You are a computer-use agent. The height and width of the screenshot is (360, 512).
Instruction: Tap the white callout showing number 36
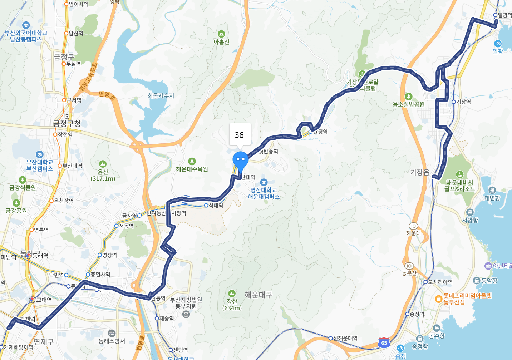point(240,135)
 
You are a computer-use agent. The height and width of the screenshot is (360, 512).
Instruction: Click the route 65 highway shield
point(384,342)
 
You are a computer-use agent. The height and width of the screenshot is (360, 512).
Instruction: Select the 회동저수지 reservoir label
point(161,96)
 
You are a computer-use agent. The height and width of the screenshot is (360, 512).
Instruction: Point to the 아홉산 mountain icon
point(221,34)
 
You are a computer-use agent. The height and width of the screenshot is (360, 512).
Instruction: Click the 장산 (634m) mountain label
point(232,305)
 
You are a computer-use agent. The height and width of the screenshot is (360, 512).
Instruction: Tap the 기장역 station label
point(463,102)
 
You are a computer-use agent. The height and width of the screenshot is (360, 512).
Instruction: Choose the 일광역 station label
point(504,15)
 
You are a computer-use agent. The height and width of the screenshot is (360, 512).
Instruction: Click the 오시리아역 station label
point(440,282)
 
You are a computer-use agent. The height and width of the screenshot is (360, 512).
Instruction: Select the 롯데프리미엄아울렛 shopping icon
point(439,299)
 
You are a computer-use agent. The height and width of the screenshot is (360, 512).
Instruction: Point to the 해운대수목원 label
point(192,169)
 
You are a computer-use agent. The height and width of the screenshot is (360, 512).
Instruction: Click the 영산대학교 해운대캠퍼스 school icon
point(264,182)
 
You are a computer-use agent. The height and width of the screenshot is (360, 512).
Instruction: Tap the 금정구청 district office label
point(67,124)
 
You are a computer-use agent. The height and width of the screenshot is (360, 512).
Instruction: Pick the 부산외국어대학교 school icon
point(26,25)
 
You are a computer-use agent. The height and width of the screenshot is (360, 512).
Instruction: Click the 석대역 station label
point(216,206)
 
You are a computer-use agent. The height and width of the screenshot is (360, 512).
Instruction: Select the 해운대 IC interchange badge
point(413,226)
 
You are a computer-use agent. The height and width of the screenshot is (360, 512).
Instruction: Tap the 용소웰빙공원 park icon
point(409,97)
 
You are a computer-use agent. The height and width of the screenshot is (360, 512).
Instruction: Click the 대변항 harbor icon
point(492,190)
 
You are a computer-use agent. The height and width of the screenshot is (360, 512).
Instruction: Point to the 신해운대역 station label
point(345,338)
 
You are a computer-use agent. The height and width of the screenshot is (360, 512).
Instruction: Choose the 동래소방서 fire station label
point(112,341)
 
